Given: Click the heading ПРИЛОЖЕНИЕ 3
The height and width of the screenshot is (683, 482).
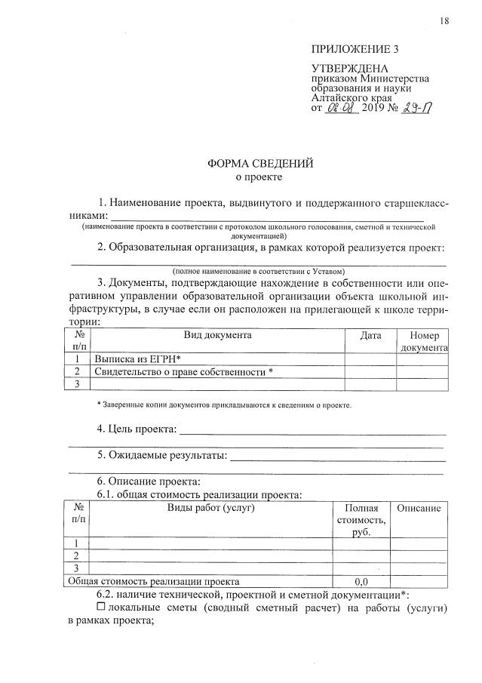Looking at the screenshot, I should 355,50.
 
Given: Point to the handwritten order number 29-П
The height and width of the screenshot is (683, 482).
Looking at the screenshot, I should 417,108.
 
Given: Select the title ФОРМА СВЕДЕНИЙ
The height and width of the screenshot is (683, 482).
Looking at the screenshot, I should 260,163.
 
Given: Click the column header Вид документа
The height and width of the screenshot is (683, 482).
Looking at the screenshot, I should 217,335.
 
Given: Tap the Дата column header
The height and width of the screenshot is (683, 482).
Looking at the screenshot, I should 370,335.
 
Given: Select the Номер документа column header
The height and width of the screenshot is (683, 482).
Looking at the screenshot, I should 423,341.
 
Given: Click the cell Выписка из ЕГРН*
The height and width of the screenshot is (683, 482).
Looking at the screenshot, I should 139,359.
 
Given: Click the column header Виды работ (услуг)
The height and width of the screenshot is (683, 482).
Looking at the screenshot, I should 210,508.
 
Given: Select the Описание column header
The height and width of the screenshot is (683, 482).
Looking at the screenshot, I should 419,508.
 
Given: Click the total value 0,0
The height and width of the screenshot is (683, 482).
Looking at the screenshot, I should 361,582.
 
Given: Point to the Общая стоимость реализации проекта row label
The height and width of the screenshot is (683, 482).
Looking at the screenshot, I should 154,582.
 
